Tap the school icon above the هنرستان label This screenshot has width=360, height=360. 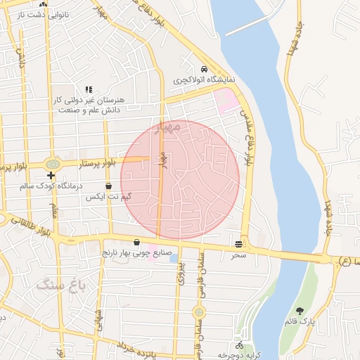tap(89, 89)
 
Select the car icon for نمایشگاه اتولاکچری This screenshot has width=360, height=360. tap(204, 69)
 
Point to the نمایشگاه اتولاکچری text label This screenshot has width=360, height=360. tap(205, 80)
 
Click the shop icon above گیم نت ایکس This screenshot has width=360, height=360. tap(108, 186)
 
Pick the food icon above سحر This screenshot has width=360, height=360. tap(240, 244)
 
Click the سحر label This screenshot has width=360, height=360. tap(240, 255)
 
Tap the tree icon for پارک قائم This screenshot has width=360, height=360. tap(300, 310)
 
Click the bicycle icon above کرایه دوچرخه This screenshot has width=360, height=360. tap(239, 345)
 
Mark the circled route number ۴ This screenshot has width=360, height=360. tap(344, 261)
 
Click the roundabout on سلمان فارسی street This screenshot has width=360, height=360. tap(199, 311)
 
